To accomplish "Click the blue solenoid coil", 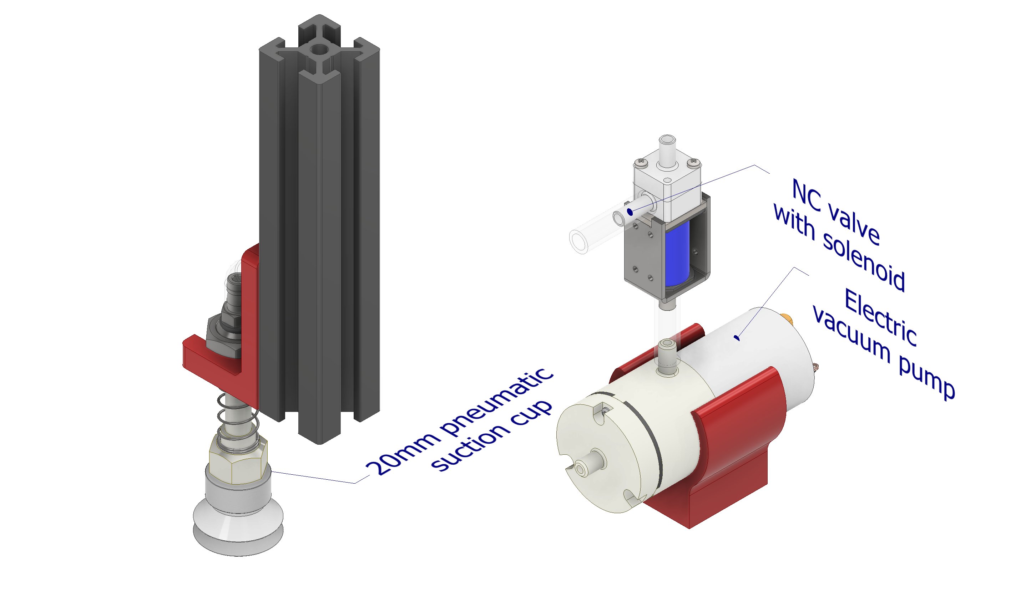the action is (x=677, y=253).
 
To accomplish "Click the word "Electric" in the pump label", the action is (x=880, y=318).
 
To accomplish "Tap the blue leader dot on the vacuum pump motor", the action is (x=737, y=338).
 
